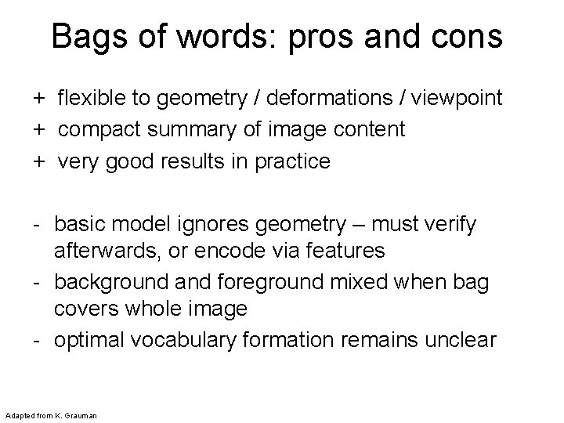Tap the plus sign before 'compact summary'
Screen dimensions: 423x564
(38, 130)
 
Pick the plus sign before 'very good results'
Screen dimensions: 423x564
(38, 161)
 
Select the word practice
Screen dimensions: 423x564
(292, 161)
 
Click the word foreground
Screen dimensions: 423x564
(277, 281)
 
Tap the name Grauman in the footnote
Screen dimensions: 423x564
(78, 414)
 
